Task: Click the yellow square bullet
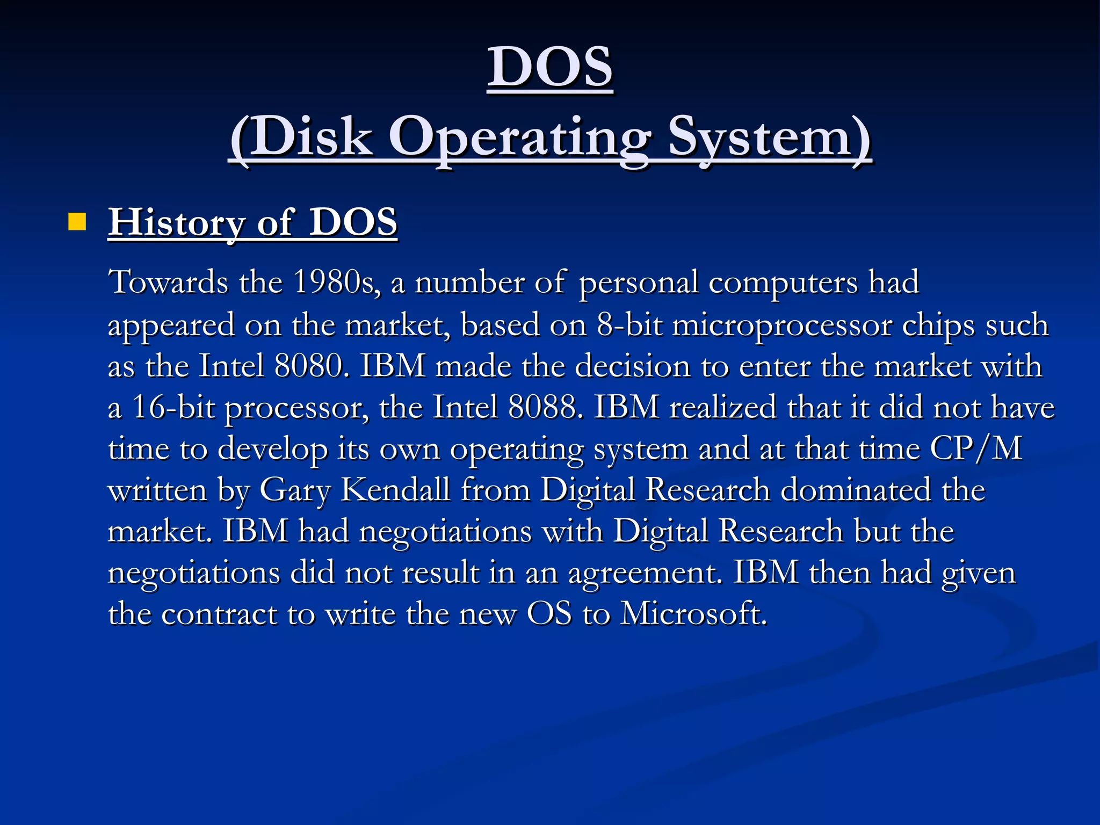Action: tap(77, 222)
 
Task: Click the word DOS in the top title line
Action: tap(550, 67)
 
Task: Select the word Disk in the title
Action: tap(301, 137)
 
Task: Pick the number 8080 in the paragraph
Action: tap(308, 366)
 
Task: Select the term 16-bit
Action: tap(173, 407)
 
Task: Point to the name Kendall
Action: tap(395, 490)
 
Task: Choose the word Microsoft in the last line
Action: tap(693, 613)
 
